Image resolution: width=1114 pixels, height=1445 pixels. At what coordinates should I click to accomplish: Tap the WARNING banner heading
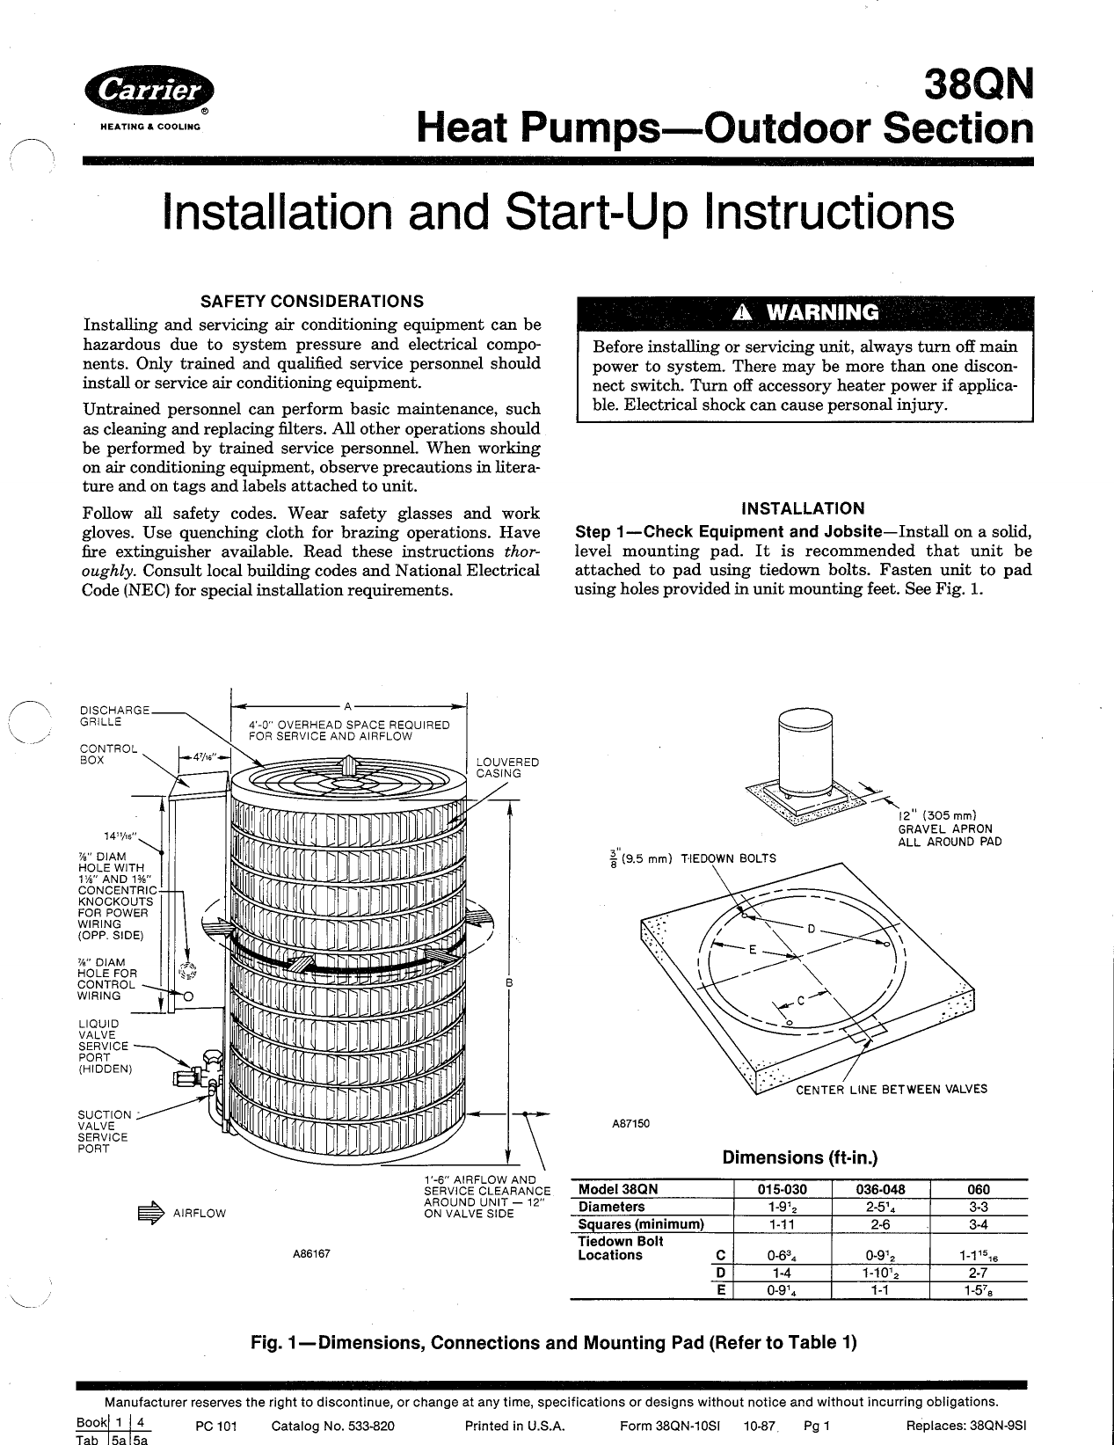pos(805,312)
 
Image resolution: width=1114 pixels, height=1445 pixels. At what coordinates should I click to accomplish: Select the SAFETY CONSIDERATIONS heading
pos(312,302)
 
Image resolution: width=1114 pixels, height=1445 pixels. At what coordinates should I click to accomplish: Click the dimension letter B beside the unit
pos(508,982)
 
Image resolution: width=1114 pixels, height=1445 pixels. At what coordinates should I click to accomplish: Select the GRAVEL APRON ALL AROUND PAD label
pos(949,828)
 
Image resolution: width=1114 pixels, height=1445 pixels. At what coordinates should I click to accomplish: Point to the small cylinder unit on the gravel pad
pos(805,752)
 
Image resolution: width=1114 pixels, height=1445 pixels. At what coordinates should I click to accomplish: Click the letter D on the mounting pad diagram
pos(812,929)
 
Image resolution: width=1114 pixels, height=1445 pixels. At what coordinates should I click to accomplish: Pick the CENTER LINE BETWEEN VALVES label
pos(892,1089)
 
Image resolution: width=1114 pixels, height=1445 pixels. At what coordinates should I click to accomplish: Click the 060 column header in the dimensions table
pos(978,1189)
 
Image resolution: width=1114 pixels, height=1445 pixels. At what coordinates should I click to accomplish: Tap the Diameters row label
pos(611,1207)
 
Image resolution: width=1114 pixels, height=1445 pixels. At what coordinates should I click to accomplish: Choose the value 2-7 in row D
pos(978,1273)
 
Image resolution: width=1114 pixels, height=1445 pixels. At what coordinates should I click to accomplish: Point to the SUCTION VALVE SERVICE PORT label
pos(104,1131)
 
